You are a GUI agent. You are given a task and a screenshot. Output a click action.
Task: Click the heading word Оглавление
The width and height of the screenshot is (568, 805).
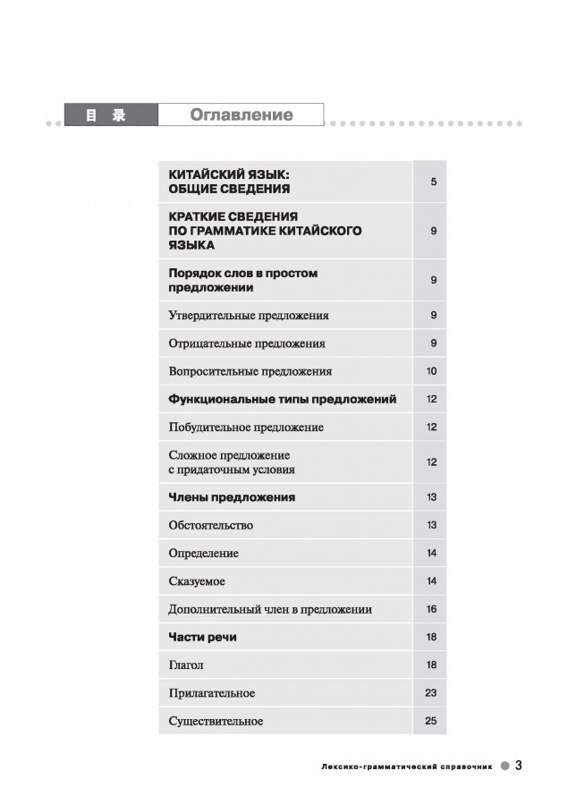click(241, 115)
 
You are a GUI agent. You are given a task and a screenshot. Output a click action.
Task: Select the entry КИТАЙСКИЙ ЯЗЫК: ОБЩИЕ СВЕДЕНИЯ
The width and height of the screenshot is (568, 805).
click(231, 182)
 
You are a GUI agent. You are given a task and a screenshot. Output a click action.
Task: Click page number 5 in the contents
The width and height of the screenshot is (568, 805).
click(432, 182)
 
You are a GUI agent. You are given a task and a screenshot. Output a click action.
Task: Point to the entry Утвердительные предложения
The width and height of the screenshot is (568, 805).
click(249, 316)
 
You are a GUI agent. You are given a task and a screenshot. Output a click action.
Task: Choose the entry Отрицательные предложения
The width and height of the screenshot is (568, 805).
click(247, 343)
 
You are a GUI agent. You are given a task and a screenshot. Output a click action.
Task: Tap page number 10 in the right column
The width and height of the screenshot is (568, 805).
click(431, 371)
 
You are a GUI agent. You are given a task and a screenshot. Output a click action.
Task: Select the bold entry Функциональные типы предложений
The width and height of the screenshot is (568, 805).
click(283, 399)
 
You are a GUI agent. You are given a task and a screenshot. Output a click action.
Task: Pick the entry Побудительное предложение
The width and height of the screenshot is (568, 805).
click(246, 428)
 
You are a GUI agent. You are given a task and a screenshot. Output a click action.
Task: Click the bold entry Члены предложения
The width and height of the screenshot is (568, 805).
click(232, 497)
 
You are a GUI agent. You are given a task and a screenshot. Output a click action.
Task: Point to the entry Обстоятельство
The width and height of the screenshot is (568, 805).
click(211, 525)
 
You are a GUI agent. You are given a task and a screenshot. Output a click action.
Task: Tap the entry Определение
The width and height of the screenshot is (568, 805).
click(204, 554)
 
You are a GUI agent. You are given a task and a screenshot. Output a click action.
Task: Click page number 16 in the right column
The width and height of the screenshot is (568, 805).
click(431, 609)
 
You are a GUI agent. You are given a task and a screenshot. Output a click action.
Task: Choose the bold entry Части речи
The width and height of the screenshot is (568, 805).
click(202, 637)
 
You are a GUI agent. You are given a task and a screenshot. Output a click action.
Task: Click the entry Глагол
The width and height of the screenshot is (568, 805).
click(186, 665)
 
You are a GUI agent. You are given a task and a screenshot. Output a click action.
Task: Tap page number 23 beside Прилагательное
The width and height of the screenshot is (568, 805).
click(431, 693)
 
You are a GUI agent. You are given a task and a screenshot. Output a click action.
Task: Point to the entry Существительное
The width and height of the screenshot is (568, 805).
click(216, 721)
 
